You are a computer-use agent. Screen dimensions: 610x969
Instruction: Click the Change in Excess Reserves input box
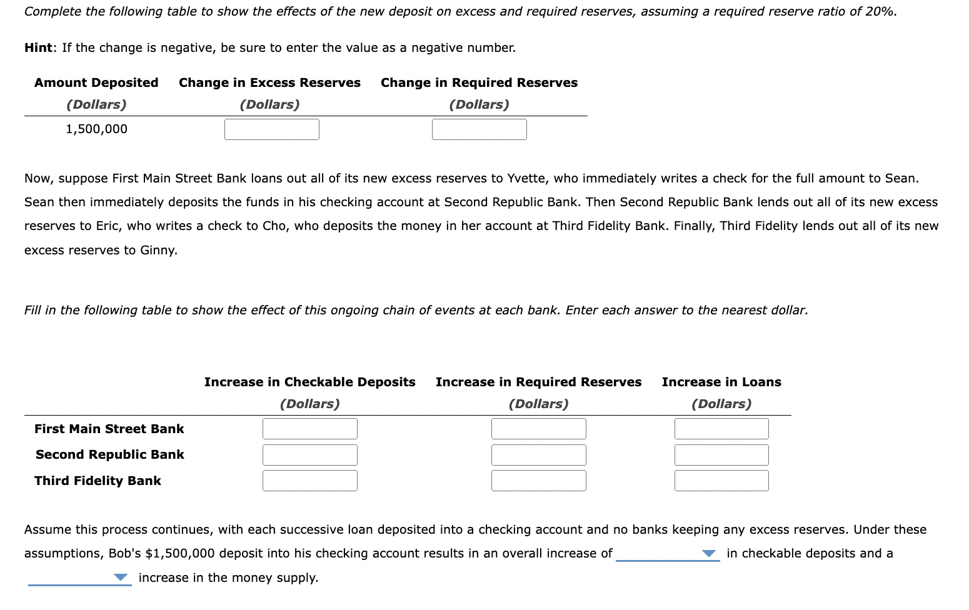[272, 129]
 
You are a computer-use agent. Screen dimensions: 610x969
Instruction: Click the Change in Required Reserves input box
[479, 129]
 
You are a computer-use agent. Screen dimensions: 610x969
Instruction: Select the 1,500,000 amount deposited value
[96, 129]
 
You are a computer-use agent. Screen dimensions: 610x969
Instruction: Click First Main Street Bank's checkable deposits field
[310, 429]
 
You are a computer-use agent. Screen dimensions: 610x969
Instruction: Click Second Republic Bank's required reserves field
[538, 455]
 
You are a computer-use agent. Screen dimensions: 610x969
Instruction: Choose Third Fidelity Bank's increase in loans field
[721, 481]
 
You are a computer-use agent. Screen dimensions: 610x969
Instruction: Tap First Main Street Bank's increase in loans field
[721, 429]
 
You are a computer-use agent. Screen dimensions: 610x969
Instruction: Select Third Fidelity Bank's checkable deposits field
[310, 481]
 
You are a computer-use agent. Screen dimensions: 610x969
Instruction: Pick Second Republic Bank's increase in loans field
[721, 455]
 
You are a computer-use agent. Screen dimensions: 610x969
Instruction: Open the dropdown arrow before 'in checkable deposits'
[708, 554]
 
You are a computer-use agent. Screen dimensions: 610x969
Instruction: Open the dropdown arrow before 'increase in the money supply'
[121, 578]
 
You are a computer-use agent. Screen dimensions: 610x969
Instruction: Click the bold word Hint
[39, 47]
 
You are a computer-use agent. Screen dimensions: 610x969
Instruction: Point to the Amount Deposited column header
[96, 82]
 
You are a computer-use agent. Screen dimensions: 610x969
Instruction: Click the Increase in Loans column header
[721, 382]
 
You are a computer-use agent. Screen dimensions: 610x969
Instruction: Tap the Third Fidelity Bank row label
[98, 481]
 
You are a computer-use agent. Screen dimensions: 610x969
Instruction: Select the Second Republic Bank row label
[110, 454]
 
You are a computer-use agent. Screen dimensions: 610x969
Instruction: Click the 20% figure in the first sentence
[880, 11]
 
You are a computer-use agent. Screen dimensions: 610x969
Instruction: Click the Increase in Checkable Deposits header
[309, 382]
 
